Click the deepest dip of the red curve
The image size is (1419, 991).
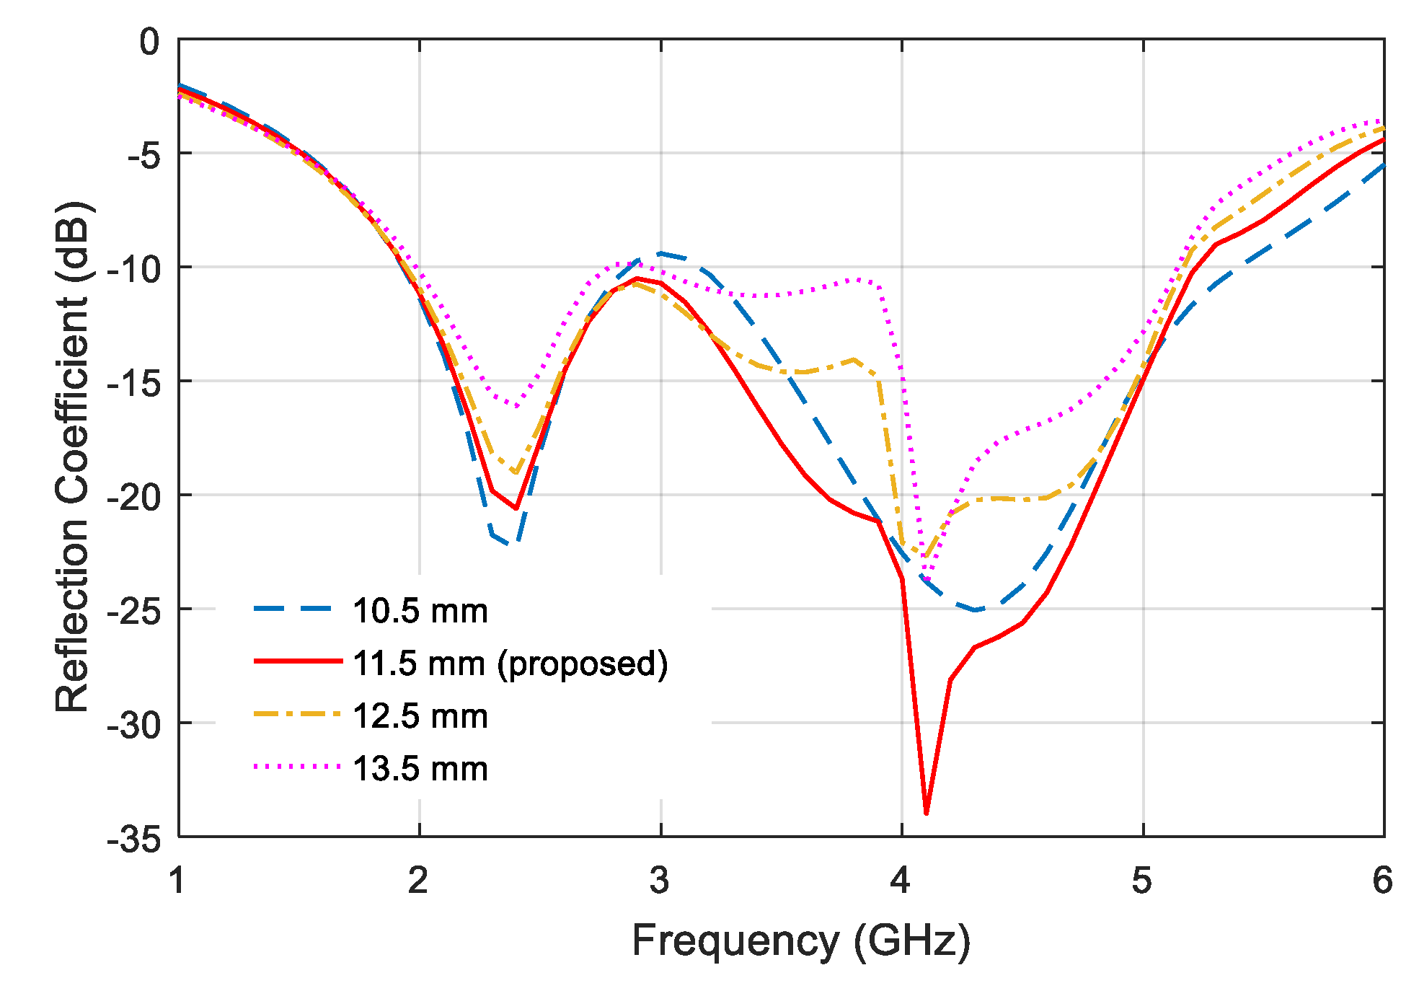[926, 813]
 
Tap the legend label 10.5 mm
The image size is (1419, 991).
[420, 611]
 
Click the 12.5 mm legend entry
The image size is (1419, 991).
[420, 716]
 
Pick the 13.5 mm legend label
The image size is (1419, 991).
[420, 769]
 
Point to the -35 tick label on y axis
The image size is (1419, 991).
[134, 839]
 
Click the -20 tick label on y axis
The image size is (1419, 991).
[134, 497]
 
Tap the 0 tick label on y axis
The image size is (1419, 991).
[149, 42]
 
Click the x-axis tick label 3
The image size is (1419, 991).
[659, 881]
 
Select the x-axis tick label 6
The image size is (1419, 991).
[1382, 881]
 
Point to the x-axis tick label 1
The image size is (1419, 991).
[177, 881]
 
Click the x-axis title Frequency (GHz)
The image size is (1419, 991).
[801, 941]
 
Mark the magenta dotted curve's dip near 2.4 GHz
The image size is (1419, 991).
[516, 405]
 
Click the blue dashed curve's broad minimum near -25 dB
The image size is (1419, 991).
[975, 610]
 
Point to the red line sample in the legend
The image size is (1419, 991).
[297, 661]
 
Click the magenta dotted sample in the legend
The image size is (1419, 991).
[297, 767]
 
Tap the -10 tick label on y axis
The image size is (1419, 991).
[134, 270]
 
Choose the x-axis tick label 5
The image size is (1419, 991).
[1141, 881]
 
